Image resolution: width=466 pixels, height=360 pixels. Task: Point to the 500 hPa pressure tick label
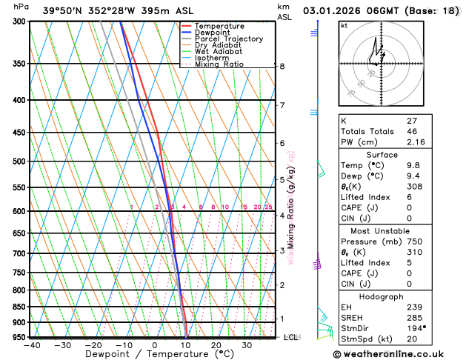click(19, 161)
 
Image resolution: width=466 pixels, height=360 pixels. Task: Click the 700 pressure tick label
click(19, 253)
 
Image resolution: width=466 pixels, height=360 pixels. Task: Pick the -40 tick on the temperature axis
click(31, 345)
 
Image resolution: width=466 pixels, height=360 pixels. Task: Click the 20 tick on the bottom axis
click(216, 345)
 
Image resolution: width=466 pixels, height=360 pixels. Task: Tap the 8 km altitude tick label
click(282, 66)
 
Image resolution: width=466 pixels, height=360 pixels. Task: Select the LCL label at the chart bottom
click(291, 338)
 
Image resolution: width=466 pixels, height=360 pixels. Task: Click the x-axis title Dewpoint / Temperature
click(154, 354)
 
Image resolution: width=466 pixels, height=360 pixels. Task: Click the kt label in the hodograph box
click(344, 25)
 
